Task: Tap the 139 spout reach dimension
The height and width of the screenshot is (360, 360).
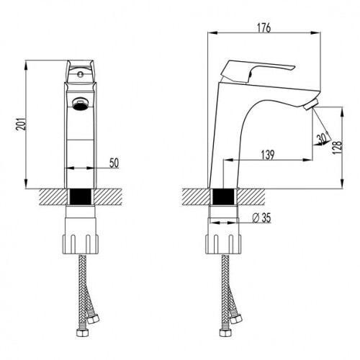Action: pos(266,153)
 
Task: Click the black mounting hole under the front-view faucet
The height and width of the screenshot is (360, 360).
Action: pos(81,196)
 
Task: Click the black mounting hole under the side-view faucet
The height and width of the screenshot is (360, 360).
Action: pos(225,196)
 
